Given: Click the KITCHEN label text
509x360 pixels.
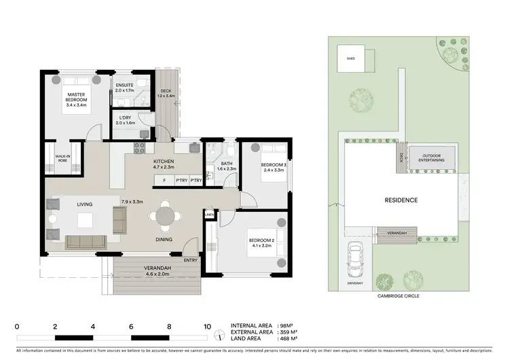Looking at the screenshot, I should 164,161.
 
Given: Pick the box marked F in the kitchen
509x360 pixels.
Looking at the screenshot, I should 164,180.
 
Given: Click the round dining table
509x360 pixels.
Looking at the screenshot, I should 166,216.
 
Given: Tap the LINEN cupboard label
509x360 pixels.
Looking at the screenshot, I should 209,216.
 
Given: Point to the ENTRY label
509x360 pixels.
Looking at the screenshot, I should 191,259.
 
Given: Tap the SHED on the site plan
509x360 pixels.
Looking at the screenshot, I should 351,59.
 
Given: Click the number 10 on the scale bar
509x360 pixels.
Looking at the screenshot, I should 207,326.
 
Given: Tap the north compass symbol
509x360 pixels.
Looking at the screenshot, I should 219,335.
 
